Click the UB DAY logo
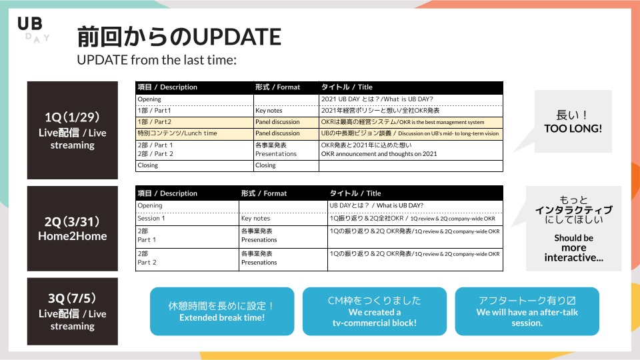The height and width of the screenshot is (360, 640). [x=33, y=30]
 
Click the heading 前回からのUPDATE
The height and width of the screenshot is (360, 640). [x=179, y=37]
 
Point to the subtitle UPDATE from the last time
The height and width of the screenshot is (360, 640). [x=157, y=60]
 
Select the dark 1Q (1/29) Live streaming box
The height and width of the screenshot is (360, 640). [x=73, y=130]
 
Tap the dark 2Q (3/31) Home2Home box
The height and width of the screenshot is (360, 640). [x=73, y=229]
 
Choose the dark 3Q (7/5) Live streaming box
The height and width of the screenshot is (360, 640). [x=73, y=311]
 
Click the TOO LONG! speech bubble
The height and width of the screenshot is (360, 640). [x=573, y=121]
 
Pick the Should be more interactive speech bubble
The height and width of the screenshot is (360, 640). [x=573, y=229]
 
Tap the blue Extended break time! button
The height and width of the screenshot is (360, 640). [x=222, y=311]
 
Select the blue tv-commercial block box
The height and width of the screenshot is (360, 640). [x=375, y=311]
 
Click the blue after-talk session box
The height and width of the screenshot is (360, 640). [x=527, y=311]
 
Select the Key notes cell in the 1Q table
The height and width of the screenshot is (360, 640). [x=286, y=111]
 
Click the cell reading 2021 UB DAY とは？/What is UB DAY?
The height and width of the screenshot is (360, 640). [x=411, y=99]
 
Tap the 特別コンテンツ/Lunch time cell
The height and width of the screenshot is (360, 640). [x=194, y=133]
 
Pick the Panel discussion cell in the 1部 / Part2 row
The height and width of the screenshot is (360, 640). [x=286, y=122]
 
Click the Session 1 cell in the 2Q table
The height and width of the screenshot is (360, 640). [x=187, y=219]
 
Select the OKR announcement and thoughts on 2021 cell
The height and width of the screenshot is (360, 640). [x=411, y=150]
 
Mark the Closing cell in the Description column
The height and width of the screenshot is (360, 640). [x=194, y=165]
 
